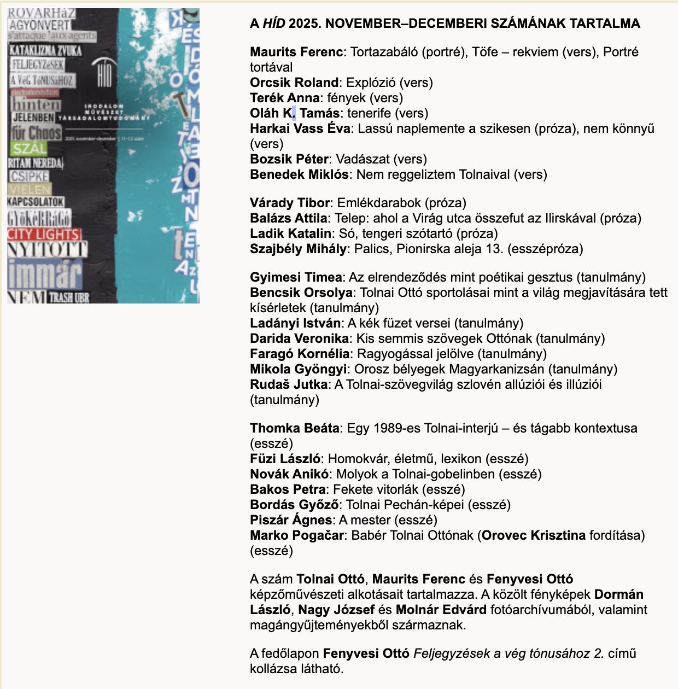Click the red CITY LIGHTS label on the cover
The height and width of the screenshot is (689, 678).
(44, 234)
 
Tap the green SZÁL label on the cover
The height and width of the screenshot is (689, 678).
(30, 148)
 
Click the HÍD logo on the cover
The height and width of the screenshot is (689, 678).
(104, 73)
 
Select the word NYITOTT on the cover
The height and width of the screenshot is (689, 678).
(47, 250)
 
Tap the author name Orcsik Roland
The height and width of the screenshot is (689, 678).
(294, 83)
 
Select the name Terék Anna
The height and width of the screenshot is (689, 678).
(285, 98)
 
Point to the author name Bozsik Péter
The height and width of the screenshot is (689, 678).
(289, 159)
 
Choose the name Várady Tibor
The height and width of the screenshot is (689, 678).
(290, 203)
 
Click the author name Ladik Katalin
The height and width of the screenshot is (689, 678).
(290, 233)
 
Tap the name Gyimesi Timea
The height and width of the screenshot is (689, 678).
(296, 277)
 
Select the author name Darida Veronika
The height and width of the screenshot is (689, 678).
(299, 338)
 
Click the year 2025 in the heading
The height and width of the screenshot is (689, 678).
(303, 23)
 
